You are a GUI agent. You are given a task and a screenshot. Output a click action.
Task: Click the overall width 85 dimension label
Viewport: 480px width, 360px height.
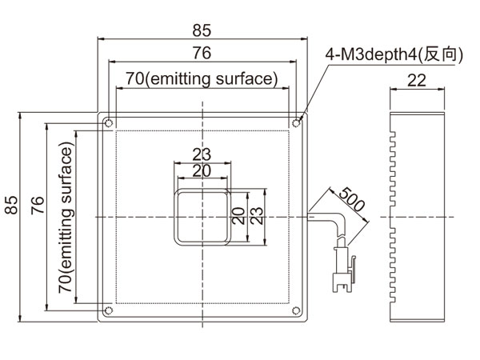pyautogui.click(x=202, y=30)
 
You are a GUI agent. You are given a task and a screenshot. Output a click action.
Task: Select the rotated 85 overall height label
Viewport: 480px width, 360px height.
pyautogui.click(x=11, y=205)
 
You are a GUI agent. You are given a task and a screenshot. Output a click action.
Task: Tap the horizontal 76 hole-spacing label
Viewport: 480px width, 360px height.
pyautogui.click(x=202, y=53)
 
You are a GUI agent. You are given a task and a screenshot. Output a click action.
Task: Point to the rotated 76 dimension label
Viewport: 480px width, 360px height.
pyautogui.click(x=38, y=205)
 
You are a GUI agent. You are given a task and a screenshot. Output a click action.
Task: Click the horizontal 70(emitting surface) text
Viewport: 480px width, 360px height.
pyautogui.click(x=202, y=78)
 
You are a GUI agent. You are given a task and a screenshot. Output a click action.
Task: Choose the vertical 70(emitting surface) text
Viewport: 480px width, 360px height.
pyautogui.click(x=66, y=218)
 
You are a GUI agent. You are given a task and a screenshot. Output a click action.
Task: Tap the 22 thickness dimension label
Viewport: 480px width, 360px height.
pyautogui.click(x=417, y=81)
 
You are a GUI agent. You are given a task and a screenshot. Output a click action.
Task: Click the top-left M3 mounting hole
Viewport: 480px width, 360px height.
pyautogui.click(x=108, y=123)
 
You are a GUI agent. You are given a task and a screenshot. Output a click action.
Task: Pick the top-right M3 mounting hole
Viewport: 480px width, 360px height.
pyautogui.click(x=296, y=123)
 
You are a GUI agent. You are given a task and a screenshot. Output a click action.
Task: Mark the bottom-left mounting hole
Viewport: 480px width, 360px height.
pyautogui.click(x=108, y=310)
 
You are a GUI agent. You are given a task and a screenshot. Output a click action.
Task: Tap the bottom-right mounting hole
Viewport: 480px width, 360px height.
pyautogui.click(x=296, y=310)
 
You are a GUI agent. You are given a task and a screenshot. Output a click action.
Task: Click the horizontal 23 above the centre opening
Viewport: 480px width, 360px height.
pyautogui.click(x=202, y=154)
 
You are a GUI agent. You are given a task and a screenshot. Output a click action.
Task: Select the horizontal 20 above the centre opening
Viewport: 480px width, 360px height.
pyautogui.click(x=202, y=171)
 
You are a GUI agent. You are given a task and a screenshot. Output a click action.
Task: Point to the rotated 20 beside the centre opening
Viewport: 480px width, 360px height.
pyautogui.click(x=238, y=216)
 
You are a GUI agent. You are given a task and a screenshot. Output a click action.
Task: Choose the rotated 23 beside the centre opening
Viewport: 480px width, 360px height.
pyautogui.click(x=257, y=216)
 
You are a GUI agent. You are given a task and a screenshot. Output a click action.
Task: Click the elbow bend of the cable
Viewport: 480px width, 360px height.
pyautogui.click(x=338, y=221)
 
